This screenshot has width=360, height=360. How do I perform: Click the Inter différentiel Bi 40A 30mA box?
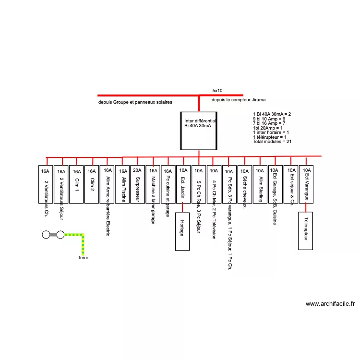pyautogui.click(x=199, y=131)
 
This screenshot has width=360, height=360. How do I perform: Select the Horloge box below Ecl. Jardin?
pyautogui.click(x=183, y=231)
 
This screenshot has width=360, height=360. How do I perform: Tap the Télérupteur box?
pyautogui.click(x=306, y=231)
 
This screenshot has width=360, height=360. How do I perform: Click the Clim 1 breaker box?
pyautogui.click(x=77, y=184)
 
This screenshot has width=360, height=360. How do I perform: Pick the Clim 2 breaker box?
pyautogui.click(x=91, y=184)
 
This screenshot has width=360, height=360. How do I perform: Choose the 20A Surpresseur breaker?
pyautogui.click(x=138, y=184)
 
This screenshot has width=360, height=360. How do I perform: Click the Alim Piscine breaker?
pyautogui.click(x=123, y=184)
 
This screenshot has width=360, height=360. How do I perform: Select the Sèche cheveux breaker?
pyautogui.click(x=244, y=184)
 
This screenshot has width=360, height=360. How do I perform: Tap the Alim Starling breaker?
pyautogui.click(x=260, y=184)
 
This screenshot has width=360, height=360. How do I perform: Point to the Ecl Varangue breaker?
pyautogui.click(x=306, y=184)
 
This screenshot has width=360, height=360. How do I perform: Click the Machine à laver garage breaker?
pyautogui.click(x=153, y=184)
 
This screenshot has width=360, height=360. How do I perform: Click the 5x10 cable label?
pyautogui.click(x=217, y=90)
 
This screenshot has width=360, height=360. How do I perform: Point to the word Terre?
pyautogui.click(x=83, y=258)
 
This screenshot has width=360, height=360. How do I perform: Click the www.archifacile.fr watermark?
pyautogui.click(x=330, y=304)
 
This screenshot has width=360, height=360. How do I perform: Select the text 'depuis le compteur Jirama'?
pyautogui.click(x=238, y=99)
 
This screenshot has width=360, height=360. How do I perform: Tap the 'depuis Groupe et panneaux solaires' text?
pyautogui.click(x=135, y=102)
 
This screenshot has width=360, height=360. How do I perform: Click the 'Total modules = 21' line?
pyautogui.click(x=272, y=142)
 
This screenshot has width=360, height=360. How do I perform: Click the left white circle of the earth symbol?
pyautogui.click(x=46, y=235)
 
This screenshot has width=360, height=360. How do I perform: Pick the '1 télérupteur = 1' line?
pyautogui.click(x=269, y=137)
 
